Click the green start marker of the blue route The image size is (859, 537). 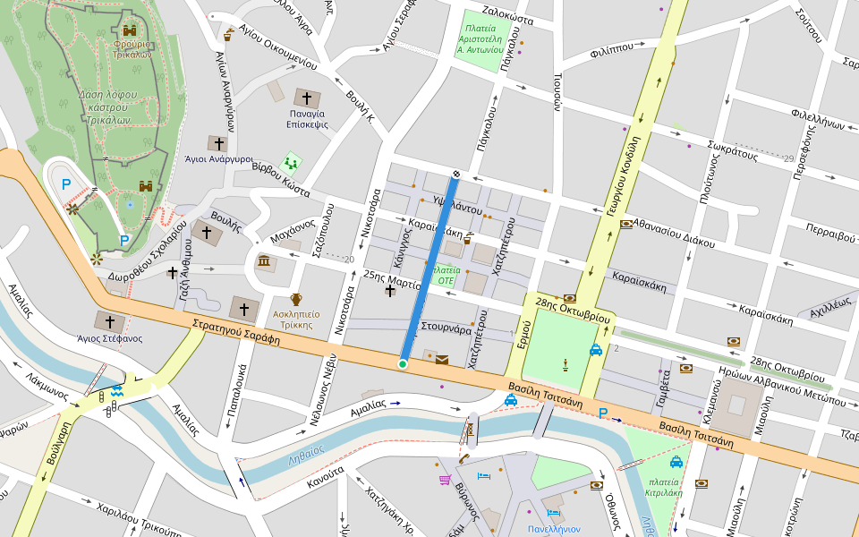click(403, 363)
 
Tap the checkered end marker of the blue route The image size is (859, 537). click(456, 174)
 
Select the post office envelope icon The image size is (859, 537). click(442, 360)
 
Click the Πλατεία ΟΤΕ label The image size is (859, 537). click(445, 275)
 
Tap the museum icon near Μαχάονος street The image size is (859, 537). click(266, 261)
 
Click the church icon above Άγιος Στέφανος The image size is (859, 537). click(111, 321)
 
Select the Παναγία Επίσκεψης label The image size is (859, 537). click(307, 119)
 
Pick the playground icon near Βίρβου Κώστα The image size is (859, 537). click(290, 163)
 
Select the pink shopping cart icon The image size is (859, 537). click(445, 480)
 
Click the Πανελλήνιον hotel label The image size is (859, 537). click(554, 529)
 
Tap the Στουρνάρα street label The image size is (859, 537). click(446, 328)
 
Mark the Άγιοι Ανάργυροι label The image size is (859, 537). click(218, 158)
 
